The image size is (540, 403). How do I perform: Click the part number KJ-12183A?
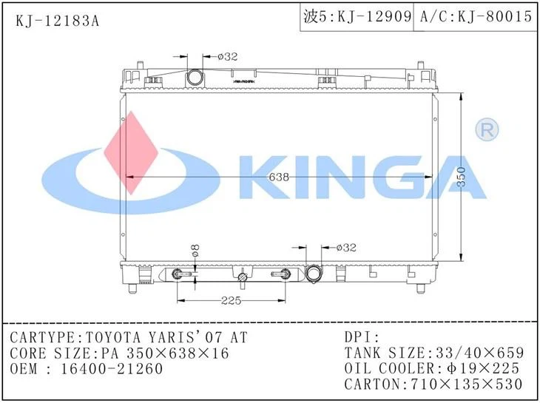[x=57, y=18]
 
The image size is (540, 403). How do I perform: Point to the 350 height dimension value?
[x=462, y=177]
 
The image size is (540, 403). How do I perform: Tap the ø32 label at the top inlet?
[x=228, y=55]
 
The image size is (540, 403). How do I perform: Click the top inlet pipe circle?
[x=195, y=77]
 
